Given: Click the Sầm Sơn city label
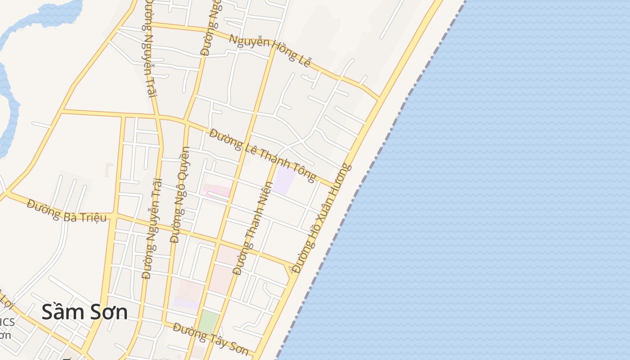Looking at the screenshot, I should [84, 312].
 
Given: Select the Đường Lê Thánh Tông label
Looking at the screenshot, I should [263, 155].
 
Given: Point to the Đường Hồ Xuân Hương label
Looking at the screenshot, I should [321, 218].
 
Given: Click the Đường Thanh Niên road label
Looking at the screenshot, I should [253, 228].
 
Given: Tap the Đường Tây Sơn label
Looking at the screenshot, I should [210, 338].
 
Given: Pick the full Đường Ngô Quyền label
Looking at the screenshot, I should [180, 194].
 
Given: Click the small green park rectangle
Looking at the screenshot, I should [208, 322].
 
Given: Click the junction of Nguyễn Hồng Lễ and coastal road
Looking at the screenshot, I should [379, 97].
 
